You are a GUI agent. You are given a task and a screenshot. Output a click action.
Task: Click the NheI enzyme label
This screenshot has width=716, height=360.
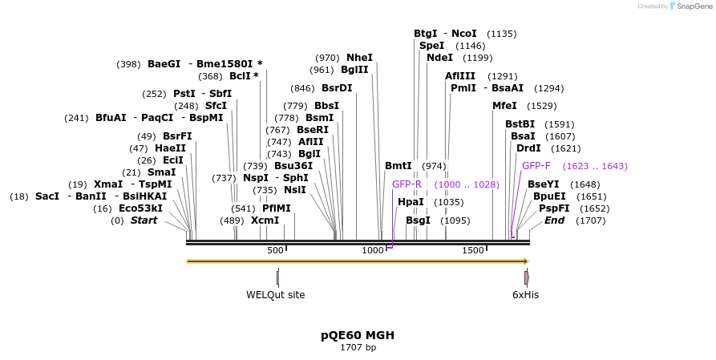pos(359,58)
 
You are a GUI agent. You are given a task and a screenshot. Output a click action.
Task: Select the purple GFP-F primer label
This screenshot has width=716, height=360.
pos(536,166)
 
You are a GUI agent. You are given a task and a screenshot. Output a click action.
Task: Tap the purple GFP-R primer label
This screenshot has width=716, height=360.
pos(407,184)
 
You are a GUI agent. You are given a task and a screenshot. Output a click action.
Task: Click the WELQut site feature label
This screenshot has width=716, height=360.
pos(275,294)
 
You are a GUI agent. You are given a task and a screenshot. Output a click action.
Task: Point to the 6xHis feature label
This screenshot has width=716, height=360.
pos(526,294)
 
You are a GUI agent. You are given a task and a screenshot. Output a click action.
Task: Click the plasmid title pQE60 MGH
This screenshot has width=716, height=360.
pos(358,335)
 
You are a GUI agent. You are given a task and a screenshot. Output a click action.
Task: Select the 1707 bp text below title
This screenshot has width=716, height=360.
pos(358,348)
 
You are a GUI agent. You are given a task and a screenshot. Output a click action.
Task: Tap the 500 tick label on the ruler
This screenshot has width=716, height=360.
pos(275,250)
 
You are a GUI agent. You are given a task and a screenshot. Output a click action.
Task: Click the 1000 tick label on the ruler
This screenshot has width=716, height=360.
pos(373,250)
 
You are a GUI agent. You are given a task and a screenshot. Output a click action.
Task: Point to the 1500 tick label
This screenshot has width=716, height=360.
pos(473,250)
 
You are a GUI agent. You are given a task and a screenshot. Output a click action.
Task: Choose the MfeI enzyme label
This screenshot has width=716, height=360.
pos(504,106)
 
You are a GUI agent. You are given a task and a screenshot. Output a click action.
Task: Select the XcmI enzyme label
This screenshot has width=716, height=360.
pos(265,220)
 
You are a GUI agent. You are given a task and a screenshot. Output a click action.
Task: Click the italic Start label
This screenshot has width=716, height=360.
pos(144,220)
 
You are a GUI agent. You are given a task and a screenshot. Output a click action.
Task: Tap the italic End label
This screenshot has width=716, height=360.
pos(555,220)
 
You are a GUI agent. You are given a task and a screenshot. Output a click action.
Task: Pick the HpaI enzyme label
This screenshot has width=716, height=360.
pos(411,202)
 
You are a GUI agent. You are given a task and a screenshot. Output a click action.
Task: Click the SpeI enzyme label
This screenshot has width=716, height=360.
pos(431,46)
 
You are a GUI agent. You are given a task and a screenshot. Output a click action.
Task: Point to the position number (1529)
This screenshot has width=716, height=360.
pos(541,106)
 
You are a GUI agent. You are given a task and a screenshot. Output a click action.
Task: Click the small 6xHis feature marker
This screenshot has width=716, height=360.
pos(527,277)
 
